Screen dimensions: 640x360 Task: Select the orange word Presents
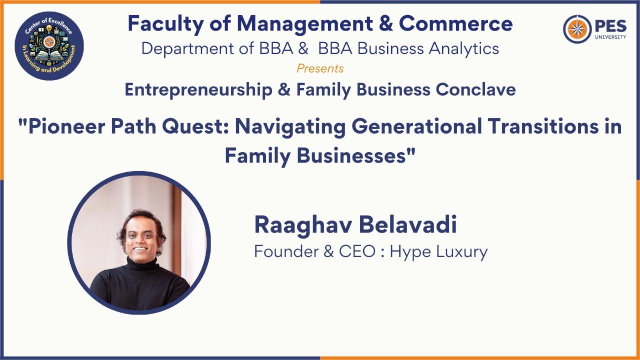320,68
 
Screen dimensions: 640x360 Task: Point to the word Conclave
475,89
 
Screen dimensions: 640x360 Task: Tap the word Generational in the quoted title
417,127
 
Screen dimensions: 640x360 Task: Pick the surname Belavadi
408,225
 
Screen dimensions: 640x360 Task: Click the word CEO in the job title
357,251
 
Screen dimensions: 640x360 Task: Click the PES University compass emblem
577,29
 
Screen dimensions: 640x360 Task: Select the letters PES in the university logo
611,26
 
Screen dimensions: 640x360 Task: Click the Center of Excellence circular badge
49,45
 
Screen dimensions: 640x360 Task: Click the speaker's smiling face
141,238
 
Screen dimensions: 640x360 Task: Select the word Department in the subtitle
187,49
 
